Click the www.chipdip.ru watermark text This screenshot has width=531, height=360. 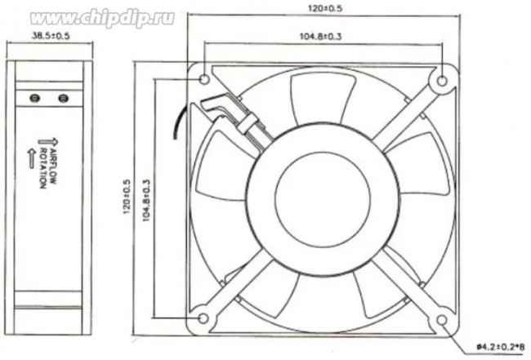pos(102,17)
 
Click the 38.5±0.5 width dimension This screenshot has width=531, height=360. pos(50,37)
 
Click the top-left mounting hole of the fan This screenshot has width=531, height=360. pos(204,79)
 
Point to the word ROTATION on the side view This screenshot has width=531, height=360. pos(41,167)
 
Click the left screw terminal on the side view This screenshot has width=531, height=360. pos(34,98)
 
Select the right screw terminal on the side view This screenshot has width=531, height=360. pos(64,98)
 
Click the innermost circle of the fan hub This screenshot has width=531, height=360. pos(317,198)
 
